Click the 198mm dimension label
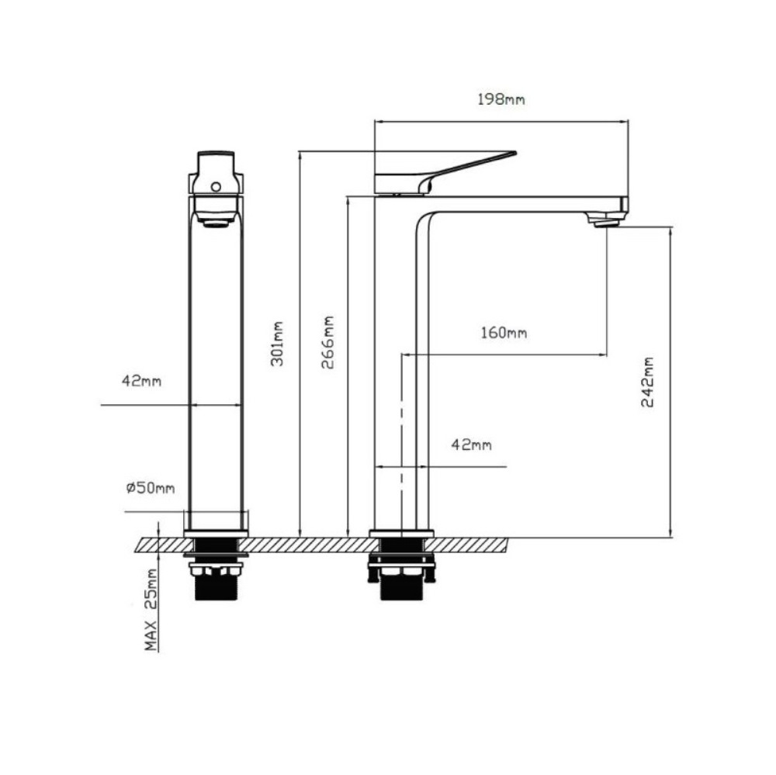(501, 99)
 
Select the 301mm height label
(277, 344)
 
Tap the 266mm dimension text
(327, 342)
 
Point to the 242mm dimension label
(647, 382)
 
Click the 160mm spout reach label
(504, 333)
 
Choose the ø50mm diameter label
(151, 488)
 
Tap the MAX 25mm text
(151, 610)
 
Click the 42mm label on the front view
(141, 381)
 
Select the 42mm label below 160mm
(472, 445)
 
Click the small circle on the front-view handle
(216, 187)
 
